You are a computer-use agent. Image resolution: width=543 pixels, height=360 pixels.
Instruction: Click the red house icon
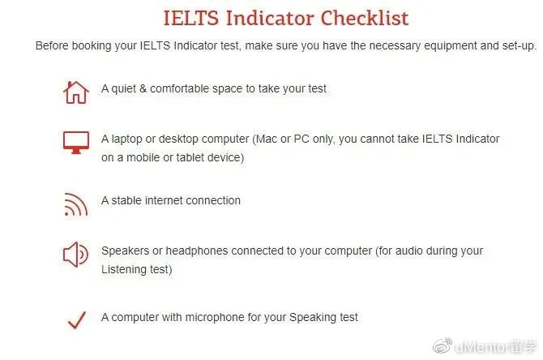click(76, 92)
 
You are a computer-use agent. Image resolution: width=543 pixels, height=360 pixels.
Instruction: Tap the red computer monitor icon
click(76, 142)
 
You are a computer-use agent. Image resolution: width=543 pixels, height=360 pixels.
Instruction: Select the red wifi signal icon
click(76, 204)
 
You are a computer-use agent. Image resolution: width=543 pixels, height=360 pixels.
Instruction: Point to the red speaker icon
click(75, 255)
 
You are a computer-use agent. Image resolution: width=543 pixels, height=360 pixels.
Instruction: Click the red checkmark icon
click(77, 319)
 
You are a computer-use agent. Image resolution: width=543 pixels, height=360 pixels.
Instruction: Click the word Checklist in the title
click(365, 18)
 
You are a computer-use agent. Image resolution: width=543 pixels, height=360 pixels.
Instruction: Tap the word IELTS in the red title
click(191, 18)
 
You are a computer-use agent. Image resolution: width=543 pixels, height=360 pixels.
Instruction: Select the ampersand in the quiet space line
click(143, 88)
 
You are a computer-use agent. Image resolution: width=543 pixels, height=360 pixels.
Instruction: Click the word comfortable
click(179, 88)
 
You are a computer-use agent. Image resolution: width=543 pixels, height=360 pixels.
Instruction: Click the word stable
click(126, 200)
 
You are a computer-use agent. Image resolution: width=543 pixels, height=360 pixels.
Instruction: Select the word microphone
click(215, 317)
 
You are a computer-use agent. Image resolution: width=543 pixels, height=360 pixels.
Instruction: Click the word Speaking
click(313, 317)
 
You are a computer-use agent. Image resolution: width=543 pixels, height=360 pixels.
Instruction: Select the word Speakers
click(126, 251)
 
